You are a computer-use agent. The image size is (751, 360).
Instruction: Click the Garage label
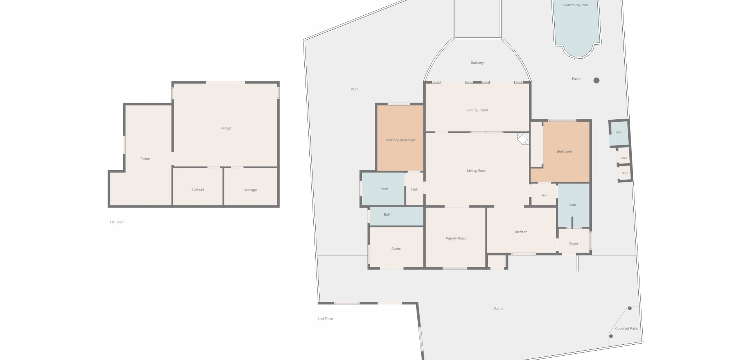225,128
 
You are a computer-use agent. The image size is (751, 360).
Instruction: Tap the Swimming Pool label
575,5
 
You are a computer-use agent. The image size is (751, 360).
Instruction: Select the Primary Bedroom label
400,140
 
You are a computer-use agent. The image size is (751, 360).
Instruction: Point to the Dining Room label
477,110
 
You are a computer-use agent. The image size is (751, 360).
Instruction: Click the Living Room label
477,171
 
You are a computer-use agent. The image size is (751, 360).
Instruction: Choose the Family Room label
456,238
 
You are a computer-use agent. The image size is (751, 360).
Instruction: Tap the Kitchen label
521,232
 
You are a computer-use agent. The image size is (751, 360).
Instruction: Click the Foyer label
574,244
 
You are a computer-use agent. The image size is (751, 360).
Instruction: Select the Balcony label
477,63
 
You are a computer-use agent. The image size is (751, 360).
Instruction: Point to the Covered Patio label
627,329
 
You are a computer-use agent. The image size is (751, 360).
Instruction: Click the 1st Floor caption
117,222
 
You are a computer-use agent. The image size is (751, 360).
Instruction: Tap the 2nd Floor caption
325,319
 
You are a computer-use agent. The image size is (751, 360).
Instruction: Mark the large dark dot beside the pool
596,81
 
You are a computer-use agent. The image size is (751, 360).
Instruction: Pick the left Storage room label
198,189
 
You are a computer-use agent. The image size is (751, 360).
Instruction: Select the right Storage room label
250,190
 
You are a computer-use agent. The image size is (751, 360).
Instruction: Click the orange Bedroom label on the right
564,151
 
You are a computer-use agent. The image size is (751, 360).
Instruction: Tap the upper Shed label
624,158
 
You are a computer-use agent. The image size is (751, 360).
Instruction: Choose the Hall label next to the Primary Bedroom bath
414,189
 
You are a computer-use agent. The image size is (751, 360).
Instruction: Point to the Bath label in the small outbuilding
619,132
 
